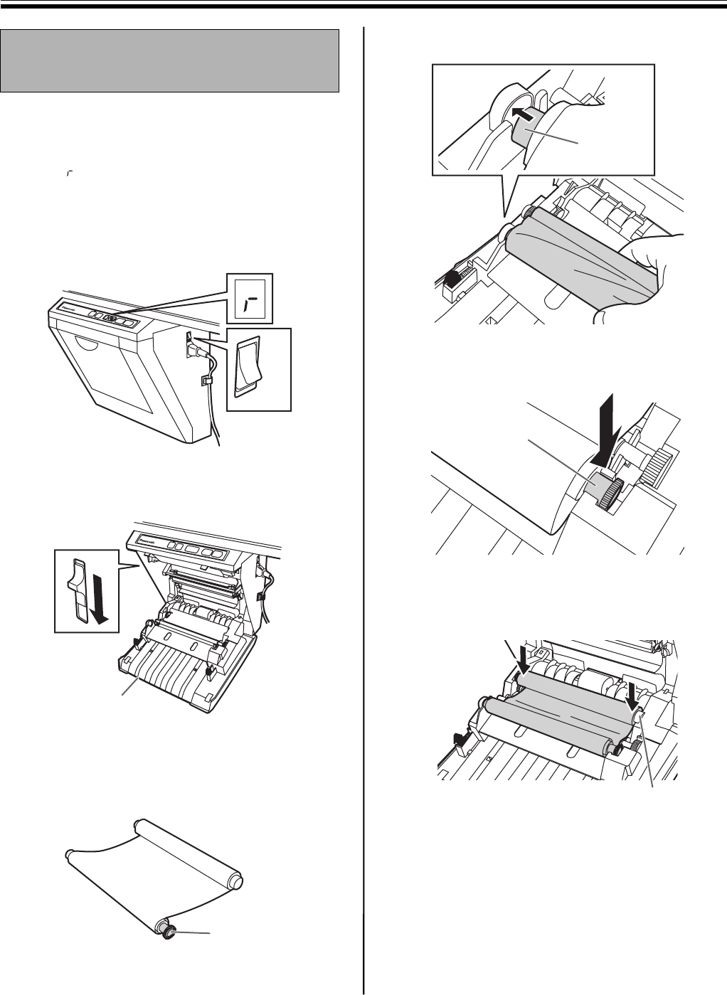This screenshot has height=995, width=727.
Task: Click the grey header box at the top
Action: (x=169, y=60)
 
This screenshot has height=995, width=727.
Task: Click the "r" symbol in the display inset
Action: (x=248, y=305)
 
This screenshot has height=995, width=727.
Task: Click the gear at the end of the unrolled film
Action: (x=169, y=930)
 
